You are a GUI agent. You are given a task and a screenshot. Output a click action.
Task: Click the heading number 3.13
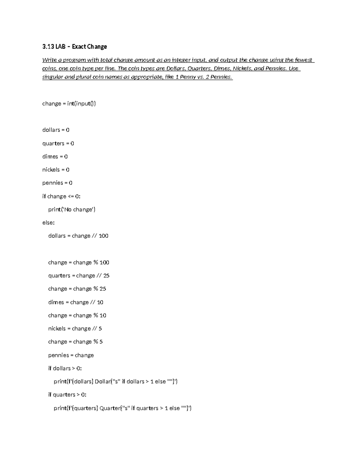coord(47,47)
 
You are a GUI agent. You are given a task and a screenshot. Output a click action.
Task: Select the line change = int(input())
coord(69,104)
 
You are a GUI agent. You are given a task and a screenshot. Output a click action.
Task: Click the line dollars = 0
coord(56,130)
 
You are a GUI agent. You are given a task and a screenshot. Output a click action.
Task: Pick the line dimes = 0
coord(55,157)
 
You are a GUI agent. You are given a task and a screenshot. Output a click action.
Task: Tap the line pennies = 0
coord(57,183)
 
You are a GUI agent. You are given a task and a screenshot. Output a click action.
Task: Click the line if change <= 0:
coord(61,196)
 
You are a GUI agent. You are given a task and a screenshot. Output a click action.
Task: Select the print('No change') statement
coord(72,209)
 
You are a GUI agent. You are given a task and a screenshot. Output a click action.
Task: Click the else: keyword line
coord(48,223)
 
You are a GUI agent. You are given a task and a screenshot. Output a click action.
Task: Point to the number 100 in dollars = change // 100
coord(103,236)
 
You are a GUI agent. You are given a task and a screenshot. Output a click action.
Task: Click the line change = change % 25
coord(77,289)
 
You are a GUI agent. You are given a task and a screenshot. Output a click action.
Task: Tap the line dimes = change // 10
coord(76,302)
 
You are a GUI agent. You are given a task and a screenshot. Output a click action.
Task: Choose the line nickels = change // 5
coord(75,329)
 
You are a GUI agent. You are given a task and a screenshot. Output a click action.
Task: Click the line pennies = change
coord(71,355)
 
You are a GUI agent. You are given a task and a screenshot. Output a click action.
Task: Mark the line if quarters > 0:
coord(67,395)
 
